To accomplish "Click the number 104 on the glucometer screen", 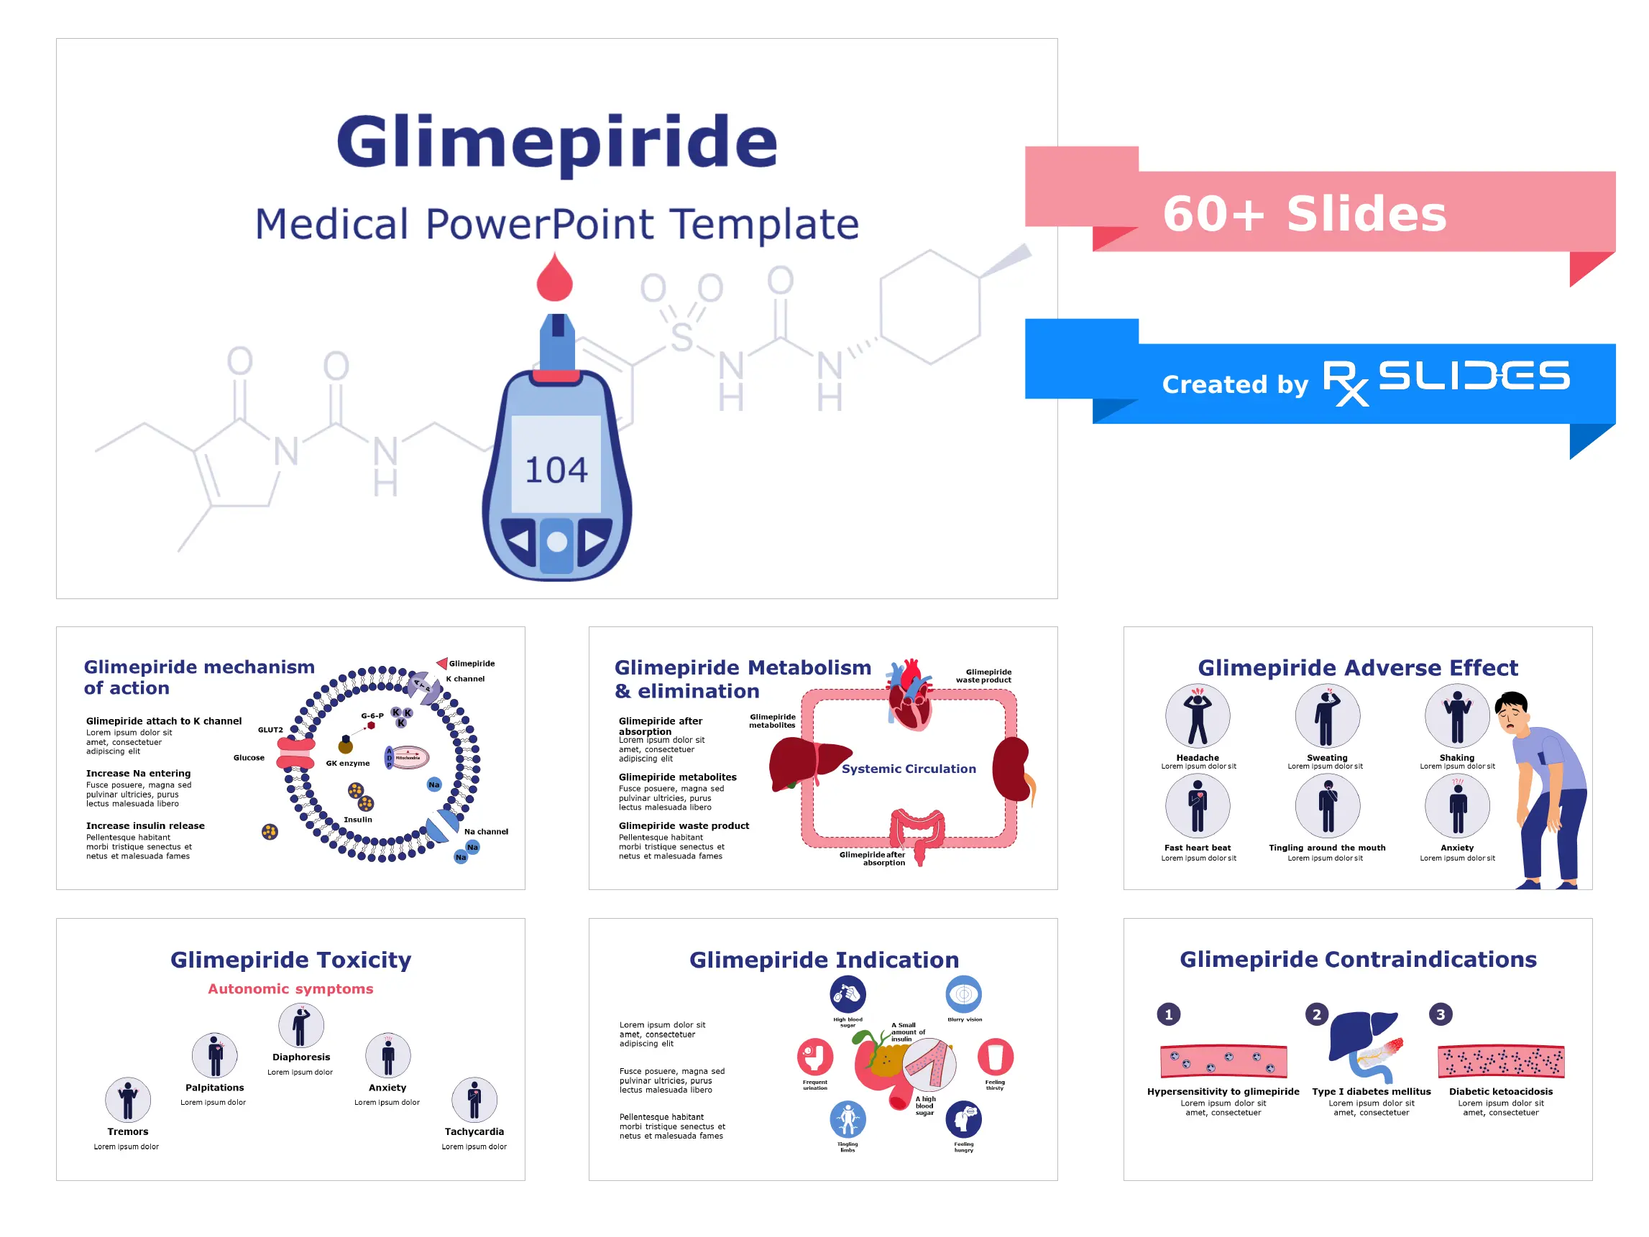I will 556,471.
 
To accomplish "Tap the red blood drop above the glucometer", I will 555,279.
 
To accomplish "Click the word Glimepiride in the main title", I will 557,142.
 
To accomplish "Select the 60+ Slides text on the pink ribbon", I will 1305,214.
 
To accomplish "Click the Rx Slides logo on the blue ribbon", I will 1446,380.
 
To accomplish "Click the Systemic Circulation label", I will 908,769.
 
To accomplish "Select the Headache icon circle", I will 1198,716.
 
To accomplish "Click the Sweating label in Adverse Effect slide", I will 1327,758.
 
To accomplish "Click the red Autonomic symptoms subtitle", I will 290,989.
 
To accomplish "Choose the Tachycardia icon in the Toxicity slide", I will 474,1100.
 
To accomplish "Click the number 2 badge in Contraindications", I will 1316,1014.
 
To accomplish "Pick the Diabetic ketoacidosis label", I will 1501,1092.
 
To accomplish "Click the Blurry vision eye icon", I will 964,994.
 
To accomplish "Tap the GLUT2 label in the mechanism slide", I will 270,731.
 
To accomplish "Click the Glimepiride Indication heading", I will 824,960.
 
